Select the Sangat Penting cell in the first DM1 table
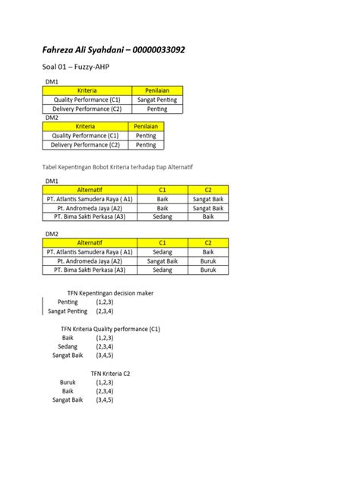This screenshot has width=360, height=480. [x=157, y=99]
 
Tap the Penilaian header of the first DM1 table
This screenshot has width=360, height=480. [x=157, y=90]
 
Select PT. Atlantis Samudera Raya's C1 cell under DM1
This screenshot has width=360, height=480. [x=163, y=198]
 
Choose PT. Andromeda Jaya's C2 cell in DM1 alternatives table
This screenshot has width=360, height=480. [x=208, y=207]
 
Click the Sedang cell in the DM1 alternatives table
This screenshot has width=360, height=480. [x=163, y=216]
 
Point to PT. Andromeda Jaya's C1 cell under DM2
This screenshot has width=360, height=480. [x=163, y=261]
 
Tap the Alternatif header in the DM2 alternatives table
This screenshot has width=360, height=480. [x=90, y=242]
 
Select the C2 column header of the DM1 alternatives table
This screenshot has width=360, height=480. [x=208, y=189]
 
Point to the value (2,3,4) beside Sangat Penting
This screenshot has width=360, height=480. [x=106, y=311]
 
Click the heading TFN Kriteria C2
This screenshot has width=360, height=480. [x=112, y=373]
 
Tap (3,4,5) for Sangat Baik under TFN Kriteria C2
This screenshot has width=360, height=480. [x=106, y=400]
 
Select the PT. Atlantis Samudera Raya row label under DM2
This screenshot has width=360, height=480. [x=90, y=251]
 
